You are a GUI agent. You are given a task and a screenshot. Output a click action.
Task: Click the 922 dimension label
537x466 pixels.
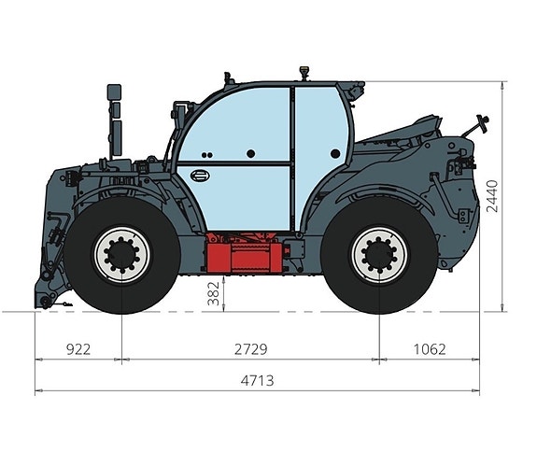tap(78, 349)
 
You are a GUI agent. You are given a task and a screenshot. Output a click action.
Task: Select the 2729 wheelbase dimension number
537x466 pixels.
tap(250, 349)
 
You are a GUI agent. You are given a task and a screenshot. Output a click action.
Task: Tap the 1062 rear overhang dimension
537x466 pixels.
tap(430, 349)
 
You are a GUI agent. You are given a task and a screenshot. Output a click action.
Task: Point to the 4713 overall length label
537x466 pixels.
tap(257, 380)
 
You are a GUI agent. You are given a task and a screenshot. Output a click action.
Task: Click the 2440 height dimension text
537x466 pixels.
tap(492, 196)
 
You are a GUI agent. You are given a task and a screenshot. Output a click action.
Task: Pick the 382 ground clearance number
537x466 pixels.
tap(213, 293)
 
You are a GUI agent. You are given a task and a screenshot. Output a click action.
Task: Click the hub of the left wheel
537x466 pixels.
tap(122, 255)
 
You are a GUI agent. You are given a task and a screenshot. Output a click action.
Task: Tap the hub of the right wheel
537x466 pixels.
tap(379, 255)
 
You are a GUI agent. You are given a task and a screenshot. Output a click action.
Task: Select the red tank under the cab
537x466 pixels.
tap(244, 253)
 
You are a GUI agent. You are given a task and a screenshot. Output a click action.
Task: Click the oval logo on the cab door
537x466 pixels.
tap(201, 176)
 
